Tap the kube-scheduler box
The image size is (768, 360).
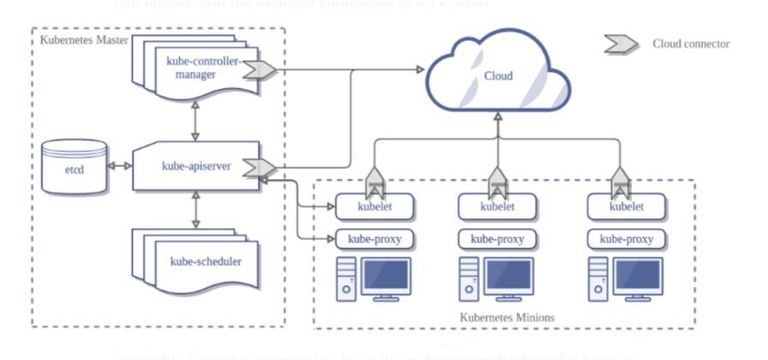[x=205, y=261]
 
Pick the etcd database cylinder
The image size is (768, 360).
[x=75, y=166]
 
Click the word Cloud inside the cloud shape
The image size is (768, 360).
[x=498, y=76]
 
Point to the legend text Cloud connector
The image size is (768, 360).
[x=691, y=44]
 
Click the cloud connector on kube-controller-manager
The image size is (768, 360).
[x=258, y=69]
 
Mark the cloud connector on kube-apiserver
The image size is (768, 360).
[x=258, y=167]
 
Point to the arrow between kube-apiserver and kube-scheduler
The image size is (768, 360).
[x=196, y=209]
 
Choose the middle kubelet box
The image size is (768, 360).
[x=497, y=206]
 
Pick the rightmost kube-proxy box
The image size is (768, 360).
[x=627, y=239]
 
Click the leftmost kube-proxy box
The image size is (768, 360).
[x=375, y=239]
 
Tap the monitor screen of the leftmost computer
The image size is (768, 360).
[x=387, y=276]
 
